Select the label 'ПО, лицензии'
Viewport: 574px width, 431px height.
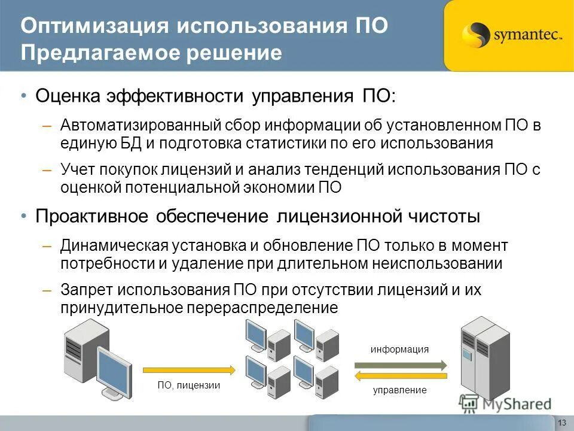(189, 386)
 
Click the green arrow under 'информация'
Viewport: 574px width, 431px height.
(401, 364)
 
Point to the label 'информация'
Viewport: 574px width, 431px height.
(400, 350)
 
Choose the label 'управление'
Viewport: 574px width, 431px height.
(400, 390)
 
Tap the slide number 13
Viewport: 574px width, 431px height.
(561, 423)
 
